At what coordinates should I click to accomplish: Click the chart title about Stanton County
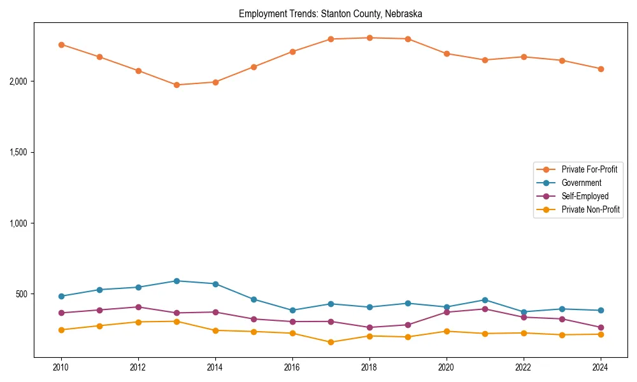[x=331, y=13]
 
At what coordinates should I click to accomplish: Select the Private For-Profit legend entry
[x=589, y=169]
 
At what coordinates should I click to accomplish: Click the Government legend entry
[x=581, y=183]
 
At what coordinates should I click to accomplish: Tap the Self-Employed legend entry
[x=585, y=196]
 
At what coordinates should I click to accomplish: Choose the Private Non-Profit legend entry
[x=590, y=209]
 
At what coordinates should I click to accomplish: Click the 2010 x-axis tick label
[x=61, y=367]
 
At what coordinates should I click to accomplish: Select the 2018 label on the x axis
[x=369, y=367]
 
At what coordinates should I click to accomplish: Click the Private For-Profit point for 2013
[x=176, y=85]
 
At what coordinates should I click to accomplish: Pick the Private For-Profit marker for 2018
[x=369, y=38]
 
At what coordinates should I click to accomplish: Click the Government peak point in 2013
[x=176, y=281]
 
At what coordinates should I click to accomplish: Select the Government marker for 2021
[x=485, y=300]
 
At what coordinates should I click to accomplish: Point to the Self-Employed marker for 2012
[x=138, y=307]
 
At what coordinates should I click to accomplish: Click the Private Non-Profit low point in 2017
[x=331, y=342]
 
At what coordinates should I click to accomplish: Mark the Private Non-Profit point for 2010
[x=61, y=330]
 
